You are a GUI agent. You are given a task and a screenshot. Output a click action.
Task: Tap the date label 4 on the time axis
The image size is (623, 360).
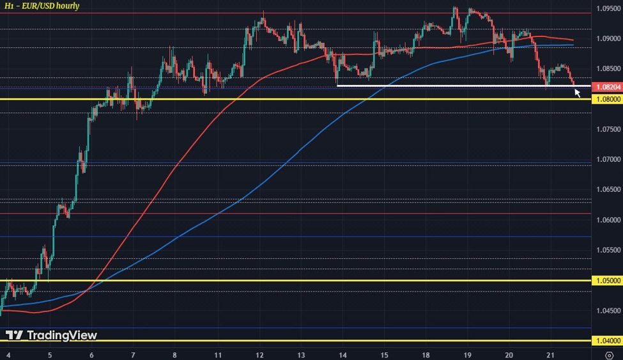tap(8, 354)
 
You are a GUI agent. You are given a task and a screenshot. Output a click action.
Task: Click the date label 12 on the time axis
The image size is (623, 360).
tap(259, 354)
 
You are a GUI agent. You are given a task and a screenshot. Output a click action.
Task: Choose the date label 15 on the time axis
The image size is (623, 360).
tap(384, 354)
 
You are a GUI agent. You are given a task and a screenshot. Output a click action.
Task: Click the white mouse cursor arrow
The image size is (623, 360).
tap(577, 93)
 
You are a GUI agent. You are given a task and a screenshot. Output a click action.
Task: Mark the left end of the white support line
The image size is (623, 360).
tap(337, 85)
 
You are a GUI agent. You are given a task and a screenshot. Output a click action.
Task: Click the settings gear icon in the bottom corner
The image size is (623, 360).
tap(610, 354)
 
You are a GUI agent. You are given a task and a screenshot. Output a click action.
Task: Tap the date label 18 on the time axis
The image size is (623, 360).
tap(426, 354)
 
